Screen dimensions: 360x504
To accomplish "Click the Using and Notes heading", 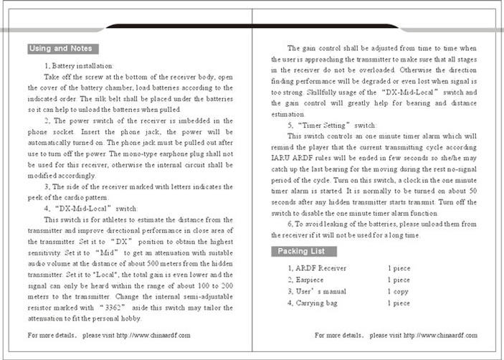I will pos(61,49).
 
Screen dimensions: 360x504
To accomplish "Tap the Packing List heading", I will pos(300,252).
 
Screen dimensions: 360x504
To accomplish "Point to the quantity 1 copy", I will pos(399,292).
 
